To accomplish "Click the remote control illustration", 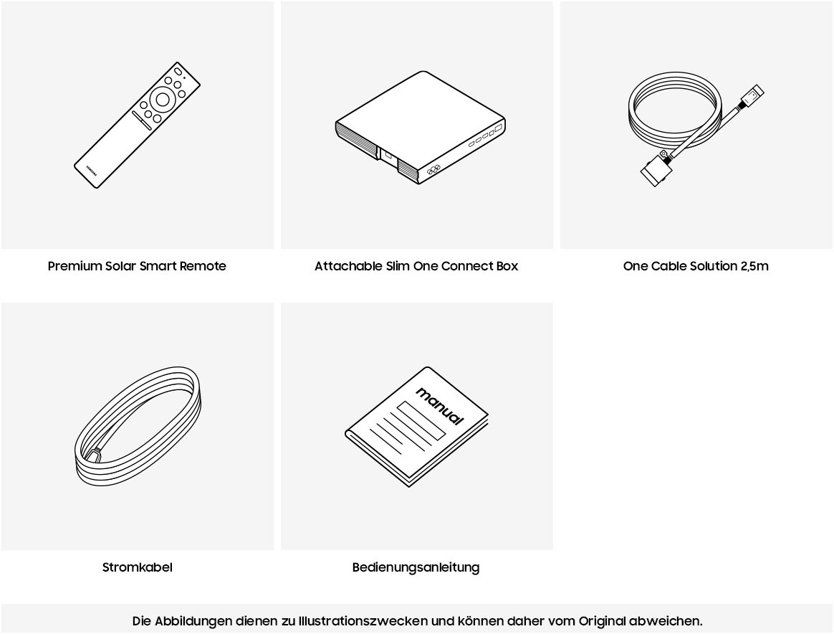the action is (x=138, y=125).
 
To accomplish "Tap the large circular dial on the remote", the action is (x=163, y=100).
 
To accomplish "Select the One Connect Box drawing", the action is (x=420, y=128).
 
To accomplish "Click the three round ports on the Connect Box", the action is (x=433, y=170).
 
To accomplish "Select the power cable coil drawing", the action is (x=138, y=426).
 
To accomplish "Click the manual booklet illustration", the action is (x=416, y=427).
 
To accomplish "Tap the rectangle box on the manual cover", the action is (x=421, y=420).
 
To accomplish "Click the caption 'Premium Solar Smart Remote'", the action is (x=138, y=266).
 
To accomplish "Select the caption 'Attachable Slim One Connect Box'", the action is (x=416, y=266).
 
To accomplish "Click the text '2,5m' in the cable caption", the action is (x=754, y=266).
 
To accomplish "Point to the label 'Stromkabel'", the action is (x=138, y=567).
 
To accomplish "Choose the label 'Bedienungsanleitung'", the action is (x=416, y=567).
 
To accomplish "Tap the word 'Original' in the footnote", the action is (x=602, y=621).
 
